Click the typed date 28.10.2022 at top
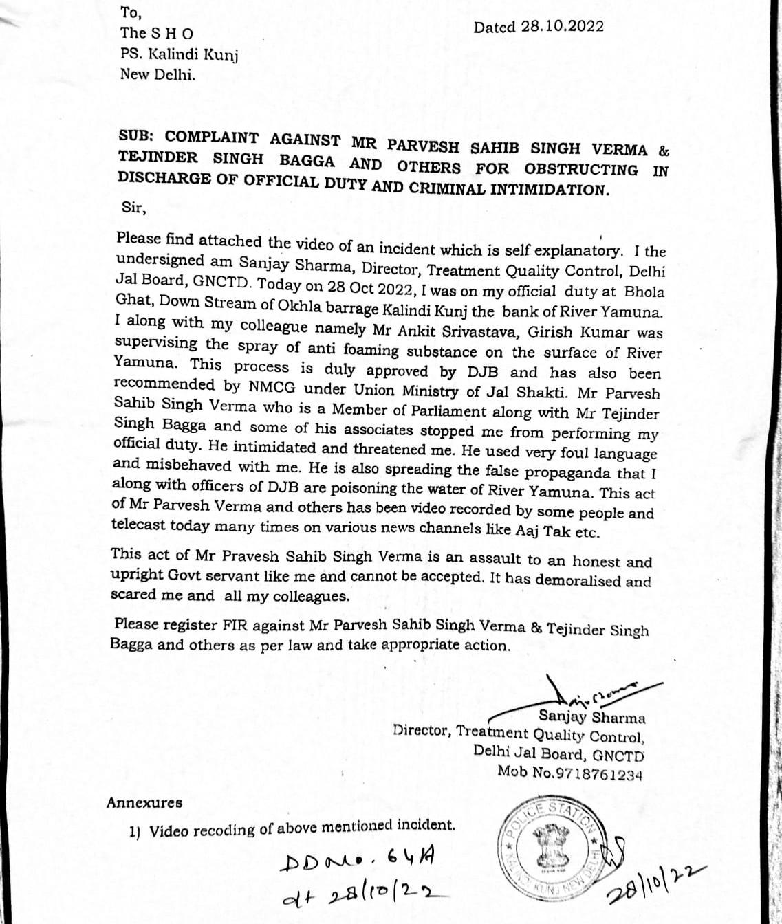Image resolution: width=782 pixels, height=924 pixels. (562, 27)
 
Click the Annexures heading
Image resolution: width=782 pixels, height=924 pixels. (144, 802)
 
